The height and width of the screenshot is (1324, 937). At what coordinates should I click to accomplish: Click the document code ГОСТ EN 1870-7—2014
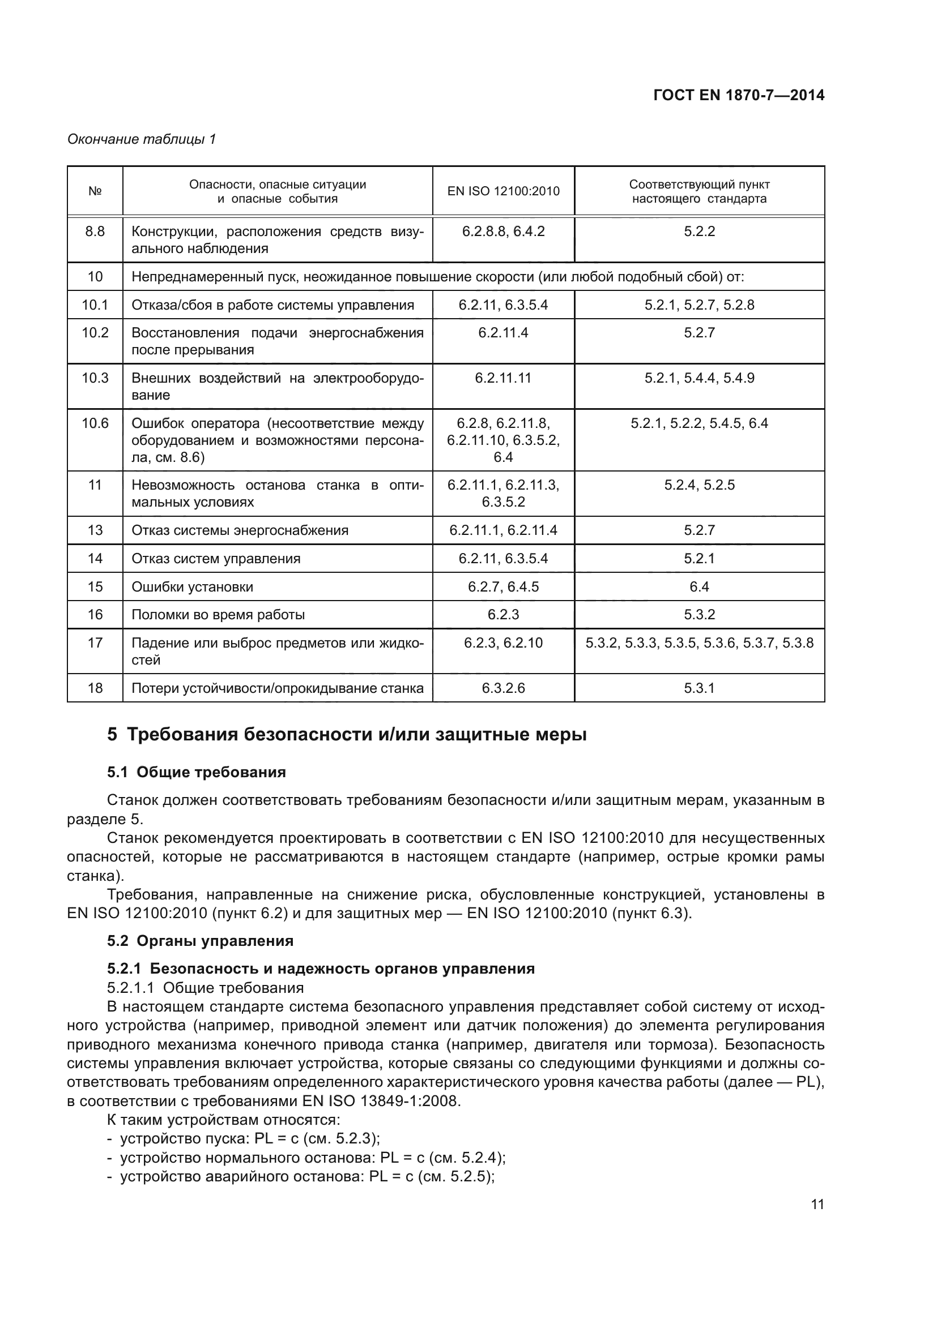click(x=739, y=95)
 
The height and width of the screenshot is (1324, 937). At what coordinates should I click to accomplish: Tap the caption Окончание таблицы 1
click(x=142, y=139)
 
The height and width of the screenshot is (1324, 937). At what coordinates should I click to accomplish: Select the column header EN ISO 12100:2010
click(x=503, y=191)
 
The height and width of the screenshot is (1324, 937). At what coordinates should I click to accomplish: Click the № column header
click(x=95, y=191)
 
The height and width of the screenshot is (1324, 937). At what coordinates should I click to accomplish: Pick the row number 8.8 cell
click(x=95, y=232)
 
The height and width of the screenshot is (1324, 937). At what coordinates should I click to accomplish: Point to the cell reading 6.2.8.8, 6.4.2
click(x=503, y=232)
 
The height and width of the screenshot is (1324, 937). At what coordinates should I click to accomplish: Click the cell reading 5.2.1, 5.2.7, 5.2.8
click(x=699, y=305)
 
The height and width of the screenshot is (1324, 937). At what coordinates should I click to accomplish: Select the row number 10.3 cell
click(x=95, y=378)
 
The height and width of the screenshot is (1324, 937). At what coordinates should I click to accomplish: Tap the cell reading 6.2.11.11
click(x=503, y=378)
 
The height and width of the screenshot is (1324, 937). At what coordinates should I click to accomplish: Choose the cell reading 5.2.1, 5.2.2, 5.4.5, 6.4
click(x=699, y=423)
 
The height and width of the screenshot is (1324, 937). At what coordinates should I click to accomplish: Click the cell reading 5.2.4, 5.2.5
click(x=699, y=485)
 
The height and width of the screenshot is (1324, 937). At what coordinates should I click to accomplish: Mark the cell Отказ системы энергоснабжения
click(x=240, y=530)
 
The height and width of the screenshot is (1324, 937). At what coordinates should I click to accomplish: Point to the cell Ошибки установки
click(x=192, y=587)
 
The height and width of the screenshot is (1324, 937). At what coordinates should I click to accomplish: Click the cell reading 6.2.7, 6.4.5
click(x=503, y=587)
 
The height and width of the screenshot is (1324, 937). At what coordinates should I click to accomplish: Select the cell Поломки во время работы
click(x=218, y=615)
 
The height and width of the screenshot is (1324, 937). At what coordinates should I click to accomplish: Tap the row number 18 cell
click(x=95, y=688)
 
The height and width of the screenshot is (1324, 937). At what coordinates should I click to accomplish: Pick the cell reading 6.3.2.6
click(x=503, y=688)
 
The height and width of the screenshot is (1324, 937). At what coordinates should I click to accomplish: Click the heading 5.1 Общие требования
click(x=196, y=772)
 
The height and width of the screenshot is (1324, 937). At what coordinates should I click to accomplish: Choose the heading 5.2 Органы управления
click(x=200, y=941)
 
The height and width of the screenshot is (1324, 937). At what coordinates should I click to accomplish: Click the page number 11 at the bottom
click(x=817, y=1205)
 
